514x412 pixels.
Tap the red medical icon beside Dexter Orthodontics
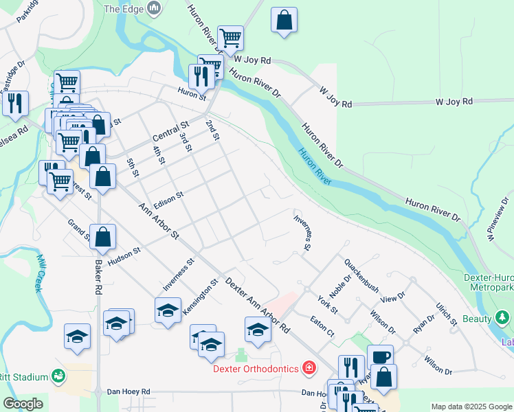310,369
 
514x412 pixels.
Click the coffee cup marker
380,357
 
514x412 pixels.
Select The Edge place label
122,9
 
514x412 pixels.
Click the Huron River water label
315,167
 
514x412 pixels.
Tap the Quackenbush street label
362,275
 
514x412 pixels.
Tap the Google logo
23,404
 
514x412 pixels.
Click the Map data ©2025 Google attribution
471,406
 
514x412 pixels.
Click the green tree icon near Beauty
502,318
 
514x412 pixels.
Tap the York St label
328,305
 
